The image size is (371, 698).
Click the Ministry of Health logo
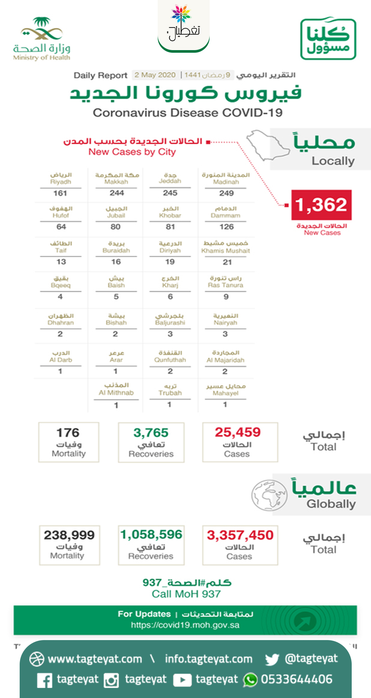41,39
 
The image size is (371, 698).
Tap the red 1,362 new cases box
321,205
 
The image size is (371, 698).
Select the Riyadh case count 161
60,193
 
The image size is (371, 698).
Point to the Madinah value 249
226,193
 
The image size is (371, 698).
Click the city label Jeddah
170,181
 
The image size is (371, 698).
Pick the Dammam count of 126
226,226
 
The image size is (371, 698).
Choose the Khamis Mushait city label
226,251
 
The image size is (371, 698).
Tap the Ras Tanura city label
226,285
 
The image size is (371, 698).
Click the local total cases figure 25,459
237,432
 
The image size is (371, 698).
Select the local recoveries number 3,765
151,433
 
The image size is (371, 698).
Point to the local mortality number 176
68,433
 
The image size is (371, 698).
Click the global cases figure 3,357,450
240,535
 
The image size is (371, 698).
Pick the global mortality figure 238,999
69,535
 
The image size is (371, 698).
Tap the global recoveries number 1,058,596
151,534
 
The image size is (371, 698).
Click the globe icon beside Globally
269,495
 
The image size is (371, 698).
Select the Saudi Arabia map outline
268,145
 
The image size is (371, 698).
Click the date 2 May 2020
155,75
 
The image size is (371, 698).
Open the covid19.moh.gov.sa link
185,625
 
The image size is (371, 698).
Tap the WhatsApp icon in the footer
250,680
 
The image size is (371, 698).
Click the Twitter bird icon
272,659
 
